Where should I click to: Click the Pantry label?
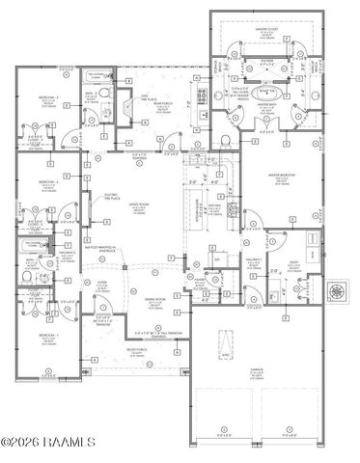(x=217, y=259)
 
